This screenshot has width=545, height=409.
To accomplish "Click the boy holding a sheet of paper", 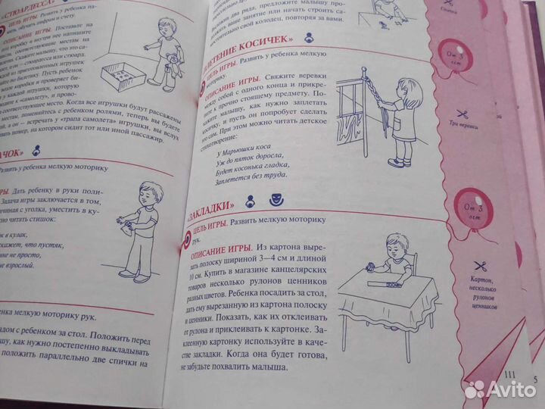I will coord(145,224).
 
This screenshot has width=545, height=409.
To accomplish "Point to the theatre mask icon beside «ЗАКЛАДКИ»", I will coord(276,202).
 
